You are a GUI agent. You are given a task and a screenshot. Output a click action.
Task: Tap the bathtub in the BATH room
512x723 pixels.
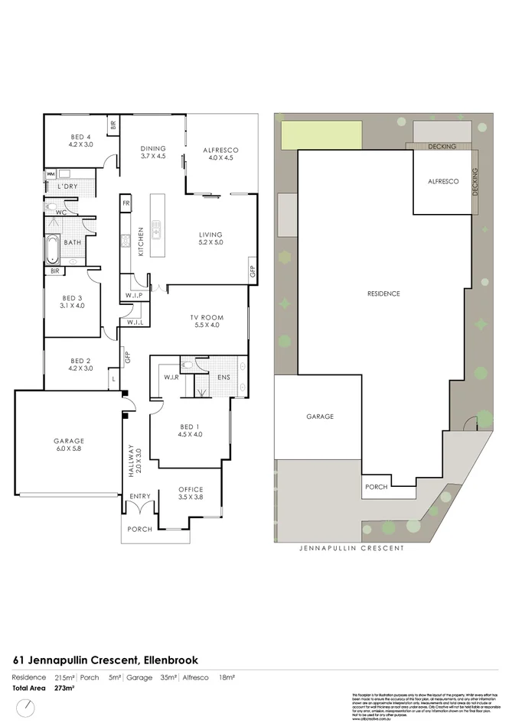[53, 248]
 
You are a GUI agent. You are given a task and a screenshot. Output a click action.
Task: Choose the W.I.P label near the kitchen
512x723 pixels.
[134, 296]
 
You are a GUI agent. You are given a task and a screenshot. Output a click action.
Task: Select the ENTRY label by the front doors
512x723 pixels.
[140, 497]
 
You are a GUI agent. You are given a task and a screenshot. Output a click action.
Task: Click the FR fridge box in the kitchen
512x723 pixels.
[126, 203]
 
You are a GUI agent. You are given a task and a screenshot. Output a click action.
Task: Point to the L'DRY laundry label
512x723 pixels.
[67, 186]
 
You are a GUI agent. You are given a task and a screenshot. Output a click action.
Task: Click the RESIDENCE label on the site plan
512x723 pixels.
[383, 293]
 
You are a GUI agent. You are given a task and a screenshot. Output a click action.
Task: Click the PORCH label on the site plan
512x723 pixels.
[376, 487]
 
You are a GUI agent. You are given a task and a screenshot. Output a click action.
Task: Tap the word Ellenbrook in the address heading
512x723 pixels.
[174, 660]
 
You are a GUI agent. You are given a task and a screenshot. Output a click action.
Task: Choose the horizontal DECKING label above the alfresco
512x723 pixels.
[442, 146]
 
